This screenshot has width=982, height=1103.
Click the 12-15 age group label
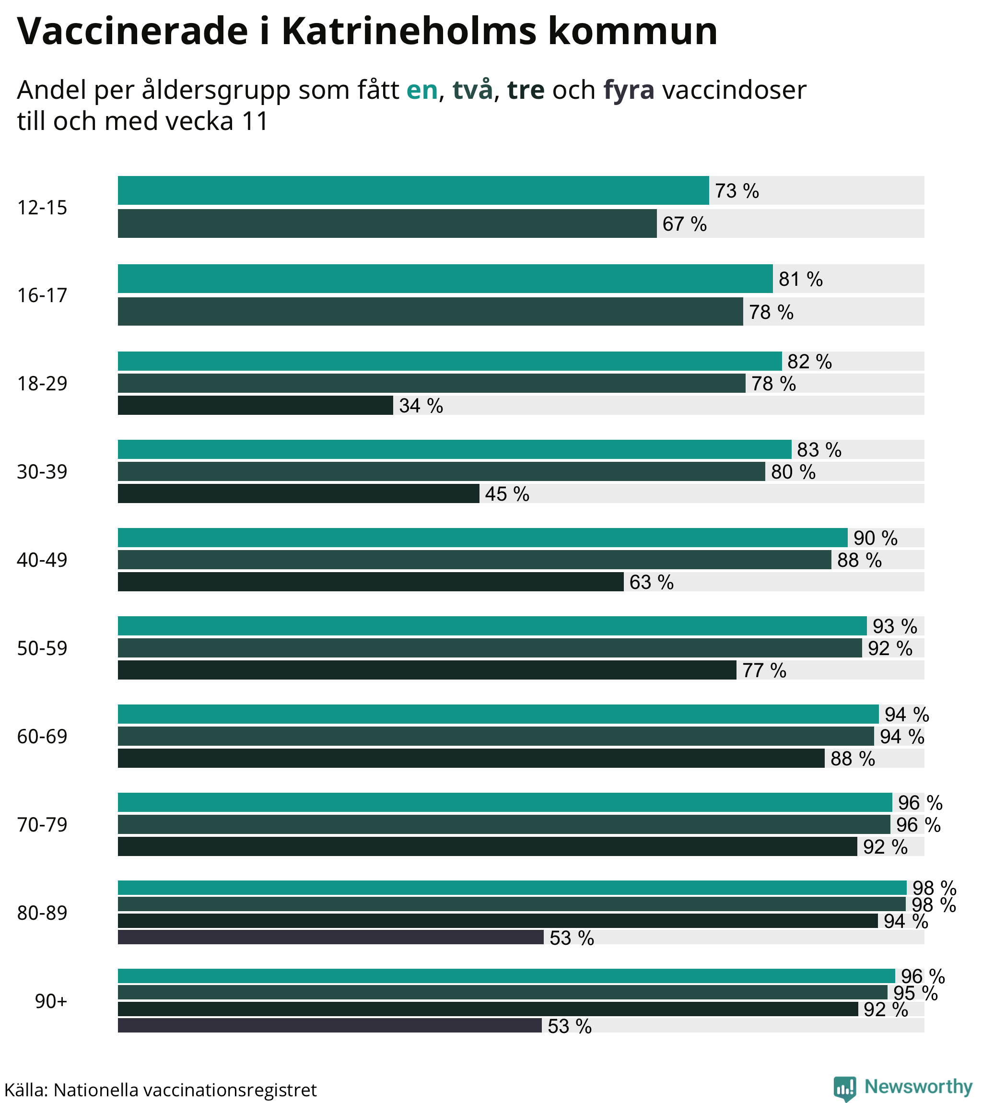[42, 208]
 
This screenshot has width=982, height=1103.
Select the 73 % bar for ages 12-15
[413, 190]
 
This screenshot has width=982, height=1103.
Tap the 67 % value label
[684, 224]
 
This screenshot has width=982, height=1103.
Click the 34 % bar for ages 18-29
[255, 405]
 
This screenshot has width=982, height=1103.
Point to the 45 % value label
[507, 494]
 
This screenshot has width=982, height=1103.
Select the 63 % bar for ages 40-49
[371, 582]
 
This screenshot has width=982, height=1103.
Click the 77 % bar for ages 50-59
[427, 669]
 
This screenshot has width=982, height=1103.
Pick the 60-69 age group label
[42, 737]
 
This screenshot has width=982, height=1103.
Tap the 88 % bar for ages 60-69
[471, 758]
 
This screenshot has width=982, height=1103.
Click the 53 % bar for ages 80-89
[330, 938]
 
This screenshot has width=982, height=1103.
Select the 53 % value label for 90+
[569, 1026]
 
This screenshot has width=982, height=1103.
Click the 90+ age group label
[51, 1001]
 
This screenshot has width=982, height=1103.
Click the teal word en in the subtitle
[421, 90]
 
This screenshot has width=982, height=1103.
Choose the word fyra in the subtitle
[629, 90]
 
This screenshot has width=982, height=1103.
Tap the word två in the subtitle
[472, 90]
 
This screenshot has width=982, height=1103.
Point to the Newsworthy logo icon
[844, 1088]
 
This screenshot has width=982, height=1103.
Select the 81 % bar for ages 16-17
[445, 279]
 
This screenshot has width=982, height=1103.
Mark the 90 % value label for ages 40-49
[875, 538]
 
